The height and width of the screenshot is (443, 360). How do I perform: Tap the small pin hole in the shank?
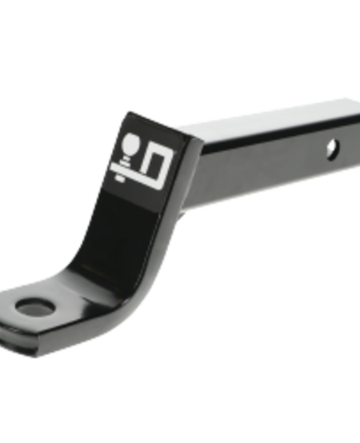(330, 149)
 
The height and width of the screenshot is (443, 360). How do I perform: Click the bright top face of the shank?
(264, 119)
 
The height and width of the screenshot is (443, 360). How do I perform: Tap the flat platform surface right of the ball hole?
(76, 308)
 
